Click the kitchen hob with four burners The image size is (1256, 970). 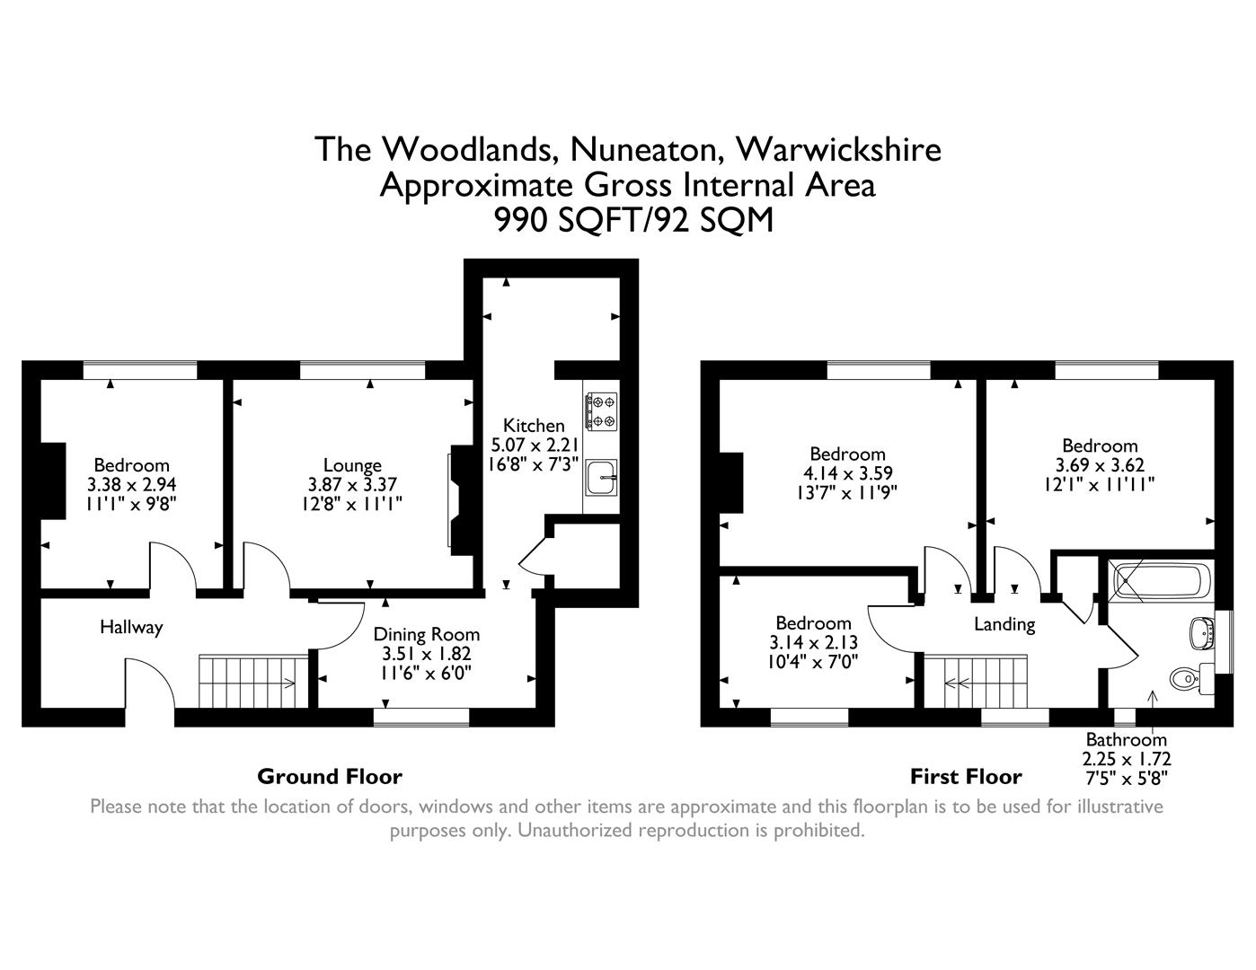point(600,410)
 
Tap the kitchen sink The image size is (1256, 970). point(599,476)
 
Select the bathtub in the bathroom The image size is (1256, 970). point(1159,582)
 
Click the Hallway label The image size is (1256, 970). point(131,627)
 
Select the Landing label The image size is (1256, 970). point(1004,623)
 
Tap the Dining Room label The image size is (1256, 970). point(427,634)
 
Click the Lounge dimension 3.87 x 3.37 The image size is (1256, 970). point(352,484)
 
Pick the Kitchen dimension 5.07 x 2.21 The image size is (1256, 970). point(534,445)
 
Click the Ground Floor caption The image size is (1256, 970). point(330,776)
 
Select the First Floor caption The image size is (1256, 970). point(966,776)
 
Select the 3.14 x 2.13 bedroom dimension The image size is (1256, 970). point(813,643)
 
